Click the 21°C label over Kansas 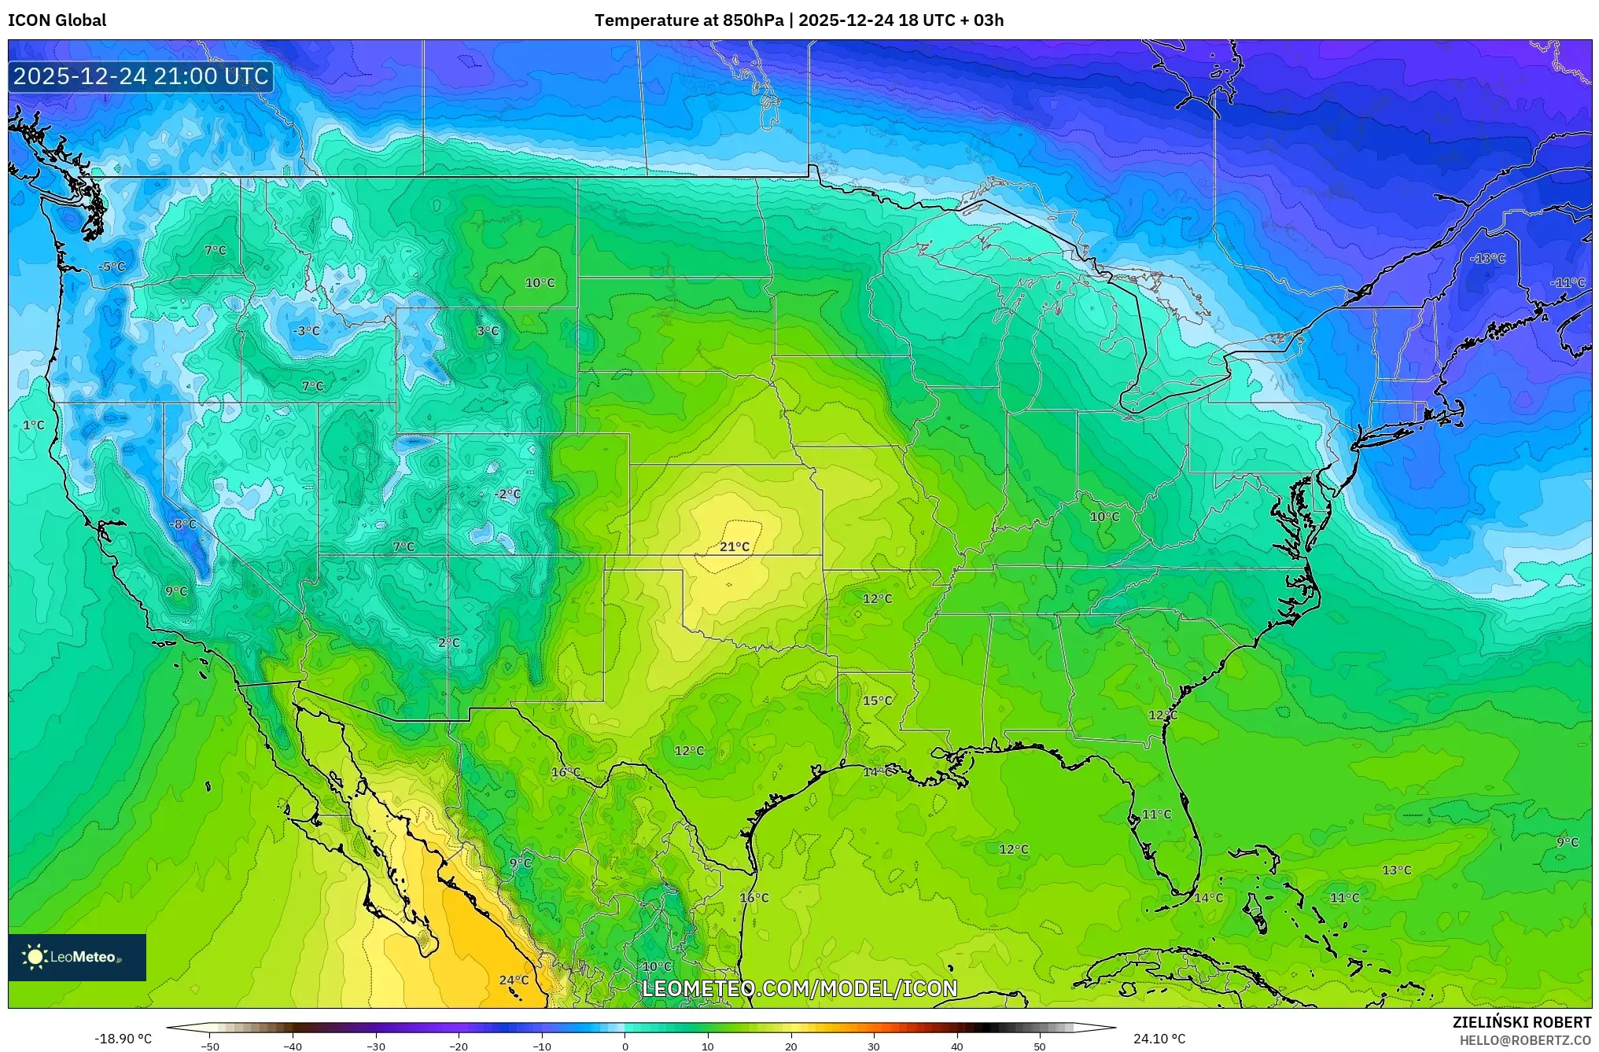pyautogui.click(x=734, y=546)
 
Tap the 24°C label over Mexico pyautogui.click(x=514, y=980)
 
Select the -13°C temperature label pyautogui.click(x=1487, y=258)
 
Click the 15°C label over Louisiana pyautogui.click(x=877, y=701)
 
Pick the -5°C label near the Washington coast pyautogui.click(x=112, y=267)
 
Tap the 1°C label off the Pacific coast pyautogui.click(x=33, y=425)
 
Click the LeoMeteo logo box pyautogui.click(x=77, y=957)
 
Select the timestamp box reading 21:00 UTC pyautogui.click(x=141, y=76)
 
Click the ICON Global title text pyautogui.click(x=57, y=20)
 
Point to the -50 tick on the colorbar pyautogui.click(x=210, y=1046)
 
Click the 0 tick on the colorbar pyautogui.click(x=625, y=1046)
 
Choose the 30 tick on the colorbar pyautogui.click(x=874, y=1046)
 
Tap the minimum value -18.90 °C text pyautogui.click(x=123, y=1039)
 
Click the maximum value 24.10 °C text pyautogui.click(x=1159, y=1039)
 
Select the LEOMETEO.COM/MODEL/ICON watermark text pyautogui.click(x=799, y=988)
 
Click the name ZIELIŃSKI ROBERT pyautogui.click(x=1521, y=1022)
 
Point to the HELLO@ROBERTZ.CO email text pyautogui.click(x=1525, y=1040)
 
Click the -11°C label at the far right pyautogui.click(x=1567, y=282)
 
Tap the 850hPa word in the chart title pyautogui.click(x=753, y=20)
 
